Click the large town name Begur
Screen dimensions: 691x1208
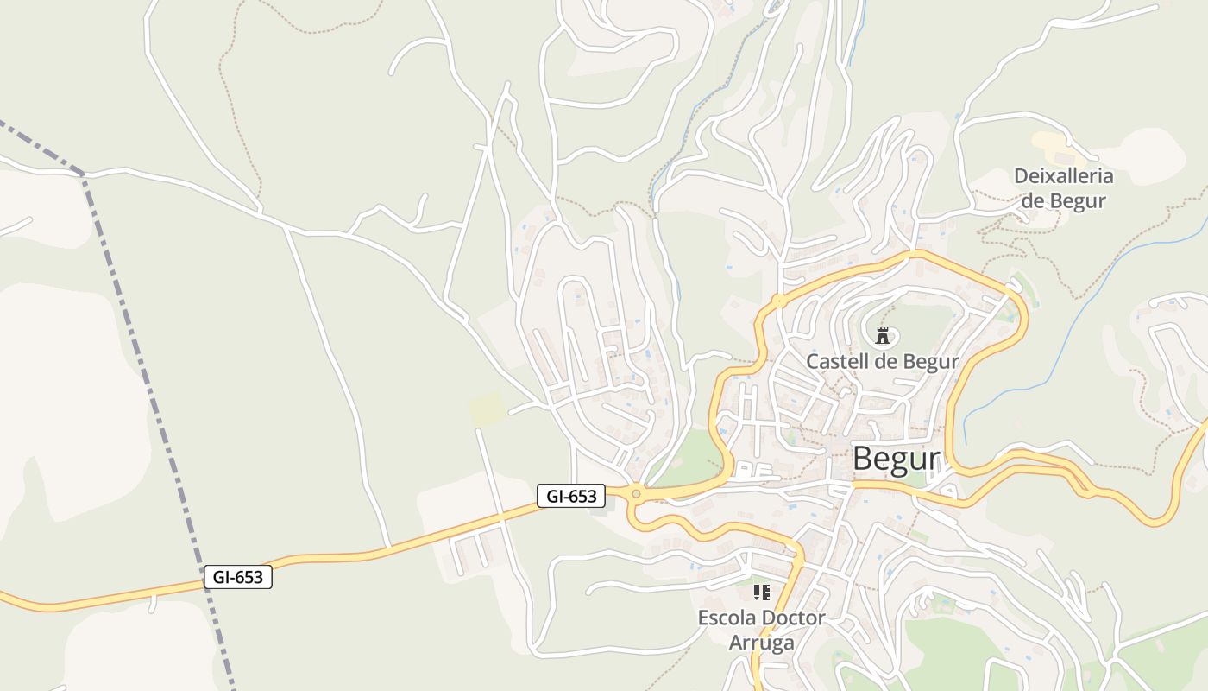[895, 460]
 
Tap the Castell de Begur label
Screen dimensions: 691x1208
[882, 361]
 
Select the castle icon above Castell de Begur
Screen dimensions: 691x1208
[882, 336]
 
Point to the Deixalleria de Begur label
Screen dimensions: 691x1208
[1063, 188]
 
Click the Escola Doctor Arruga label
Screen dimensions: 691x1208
[761, 630]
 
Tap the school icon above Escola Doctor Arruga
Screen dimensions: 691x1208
[761, 593]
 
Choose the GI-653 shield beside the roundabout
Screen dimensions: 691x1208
[571, 496]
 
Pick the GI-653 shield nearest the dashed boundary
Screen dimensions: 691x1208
[238, 577]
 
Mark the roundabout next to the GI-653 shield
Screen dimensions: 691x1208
[636, 494]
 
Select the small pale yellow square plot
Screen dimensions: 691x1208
[487, 408]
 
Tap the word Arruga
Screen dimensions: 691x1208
[761, 643]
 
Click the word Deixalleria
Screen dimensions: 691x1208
[1063, 176]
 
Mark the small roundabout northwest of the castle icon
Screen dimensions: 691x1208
[779, 301]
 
